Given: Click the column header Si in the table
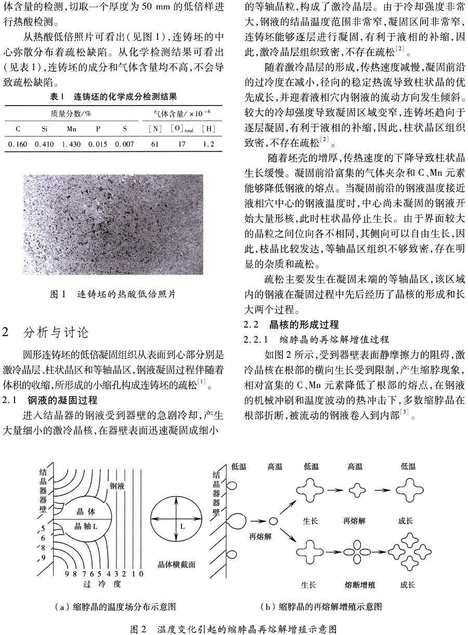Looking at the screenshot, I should tap(45, 128).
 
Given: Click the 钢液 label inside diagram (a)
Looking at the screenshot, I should tap(118, 486).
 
